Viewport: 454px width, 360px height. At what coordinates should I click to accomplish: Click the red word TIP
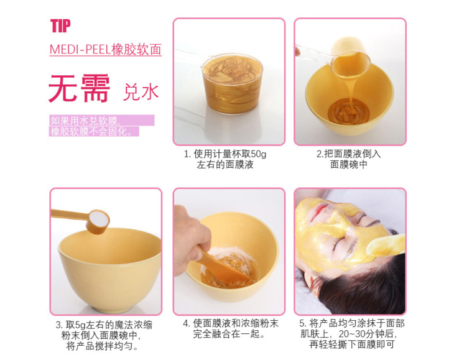tap(60, 25)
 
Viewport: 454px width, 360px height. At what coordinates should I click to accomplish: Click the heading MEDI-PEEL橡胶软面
tap(105, 49)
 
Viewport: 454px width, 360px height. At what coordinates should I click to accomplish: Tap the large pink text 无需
tap(79, 88)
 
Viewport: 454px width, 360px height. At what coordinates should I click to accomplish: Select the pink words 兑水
tap(141, 92)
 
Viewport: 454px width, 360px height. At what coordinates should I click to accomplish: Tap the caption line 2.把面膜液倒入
tap(349, 154)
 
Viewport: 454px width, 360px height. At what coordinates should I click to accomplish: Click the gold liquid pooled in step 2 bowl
tap(348, 111)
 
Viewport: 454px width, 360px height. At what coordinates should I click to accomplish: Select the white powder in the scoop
tap(99, 218)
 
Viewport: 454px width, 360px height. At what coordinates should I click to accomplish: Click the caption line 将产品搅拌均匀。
tap(103, 346)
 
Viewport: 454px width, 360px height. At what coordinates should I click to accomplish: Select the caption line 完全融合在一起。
tap(229, 334)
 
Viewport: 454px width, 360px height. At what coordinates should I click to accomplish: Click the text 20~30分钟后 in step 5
tap(367, 334)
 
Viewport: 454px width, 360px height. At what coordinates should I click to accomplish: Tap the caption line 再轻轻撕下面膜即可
tap(352, 344)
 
